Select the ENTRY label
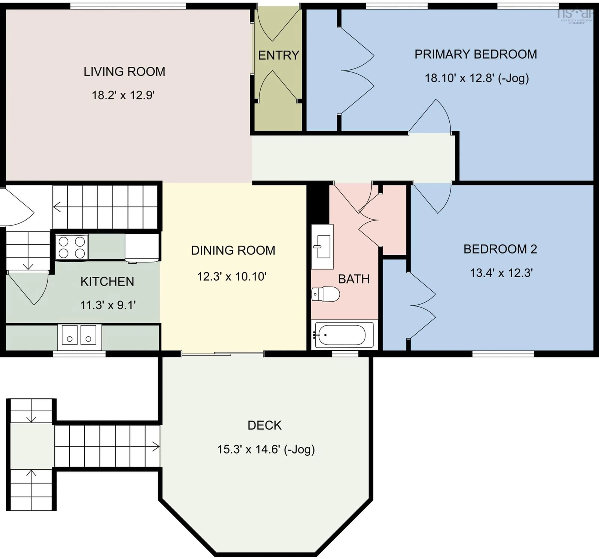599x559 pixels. pos(278,55)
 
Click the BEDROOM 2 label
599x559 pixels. pos(500,249)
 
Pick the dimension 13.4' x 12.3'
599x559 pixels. pos(501,273)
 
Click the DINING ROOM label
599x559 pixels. pos(233,250)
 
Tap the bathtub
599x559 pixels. pos(342,335)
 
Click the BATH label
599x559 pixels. pos(354,279)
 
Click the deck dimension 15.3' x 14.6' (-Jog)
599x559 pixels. pos(266,449)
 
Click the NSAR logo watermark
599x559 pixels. pos(575,15)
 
